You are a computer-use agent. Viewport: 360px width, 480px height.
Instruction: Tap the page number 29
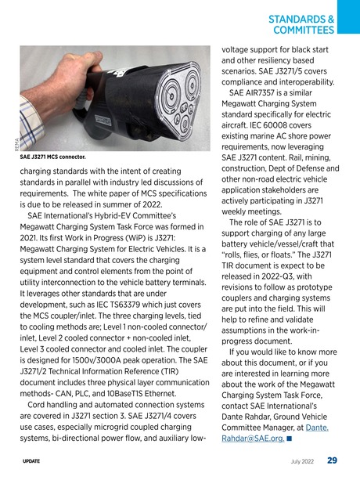point(332,460)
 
